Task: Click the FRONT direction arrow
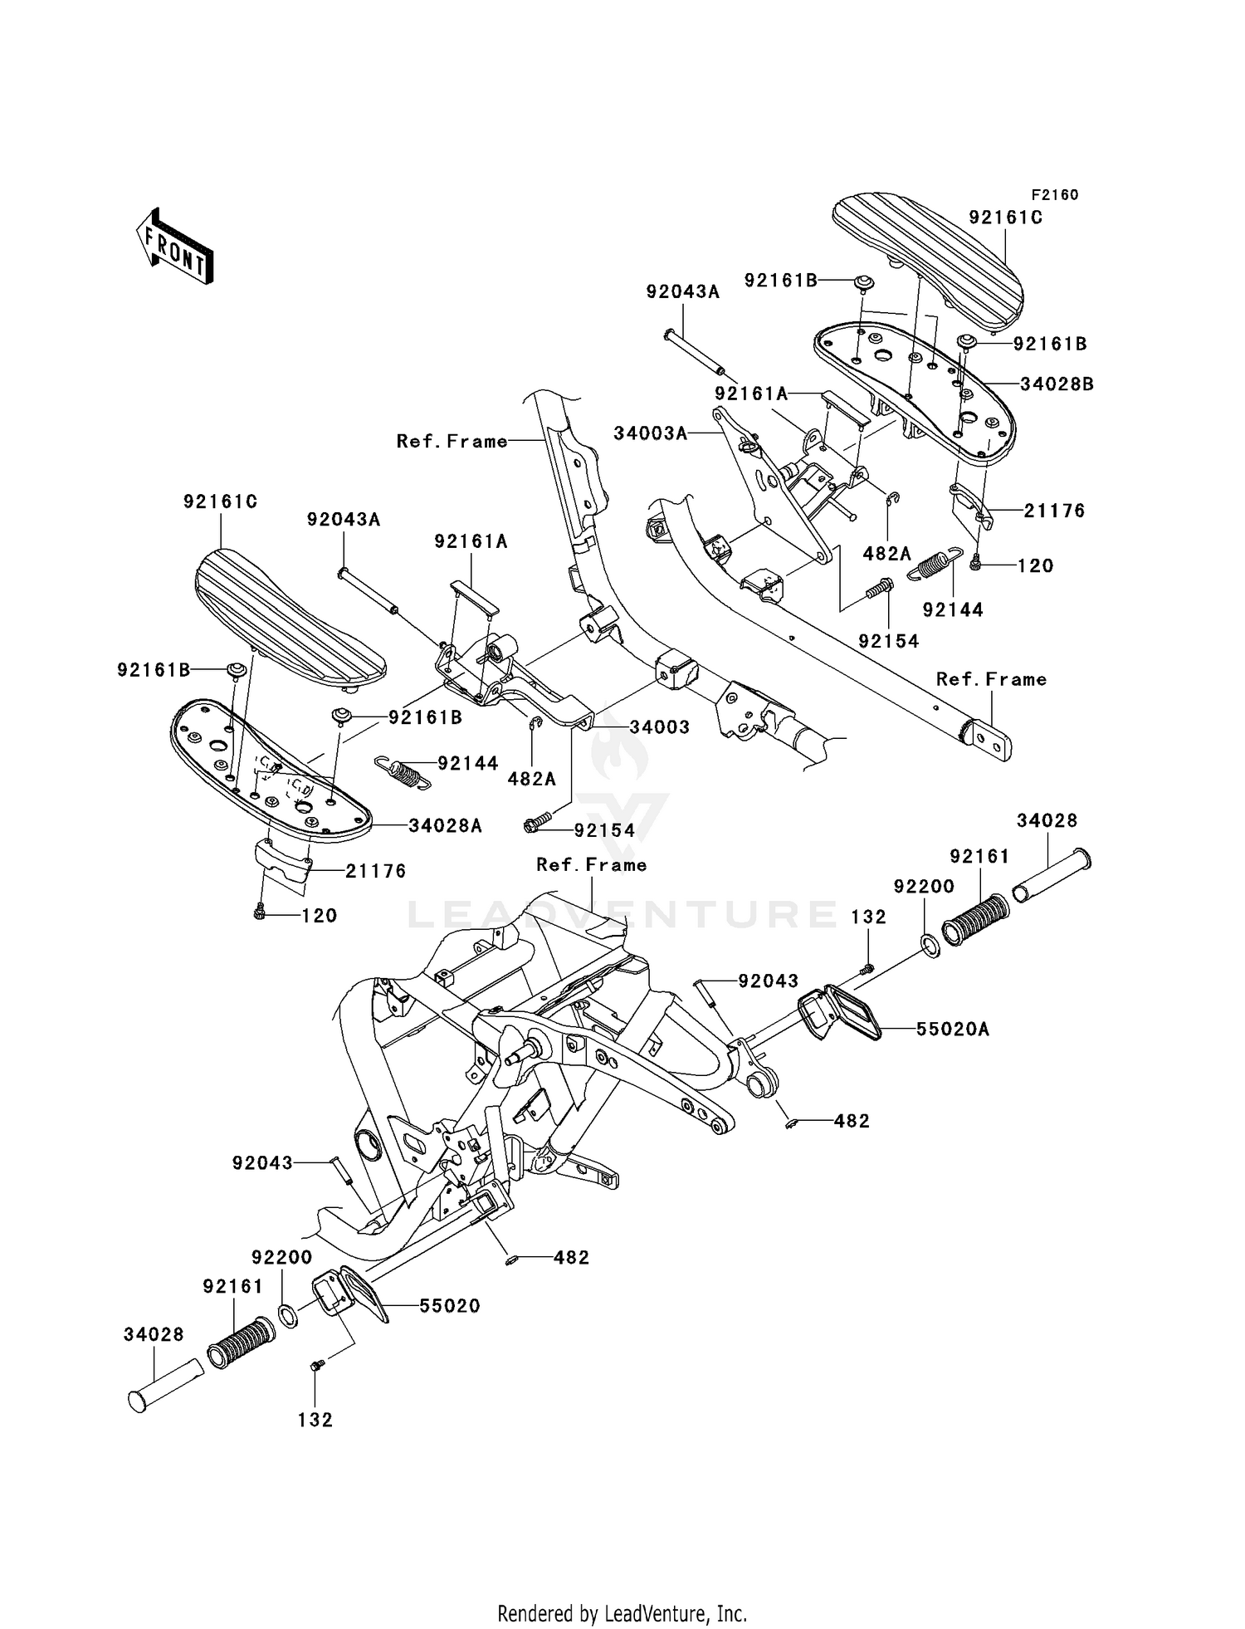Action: tap(175, 246)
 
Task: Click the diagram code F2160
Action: tap(1054, 195)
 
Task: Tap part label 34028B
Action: tap(1057, 384)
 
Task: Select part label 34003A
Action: tap(651, 433)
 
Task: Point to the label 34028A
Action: tap(445, 825)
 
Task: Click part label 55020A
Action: tap(953, 1030)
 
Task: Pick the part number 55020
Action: tap(449, 1306)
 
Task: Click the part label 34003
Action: tap(659, 727)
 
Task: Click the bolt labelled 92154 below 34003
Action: tap(536, 824)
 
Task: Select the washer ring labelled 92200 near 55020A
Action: tap(930, 945)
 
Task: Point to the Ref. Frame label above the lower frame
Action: tap(591, 865)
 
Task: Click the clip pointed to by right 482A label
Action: tap(893, 499)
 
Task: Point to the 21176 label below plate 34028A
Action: tap(376, 871)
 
